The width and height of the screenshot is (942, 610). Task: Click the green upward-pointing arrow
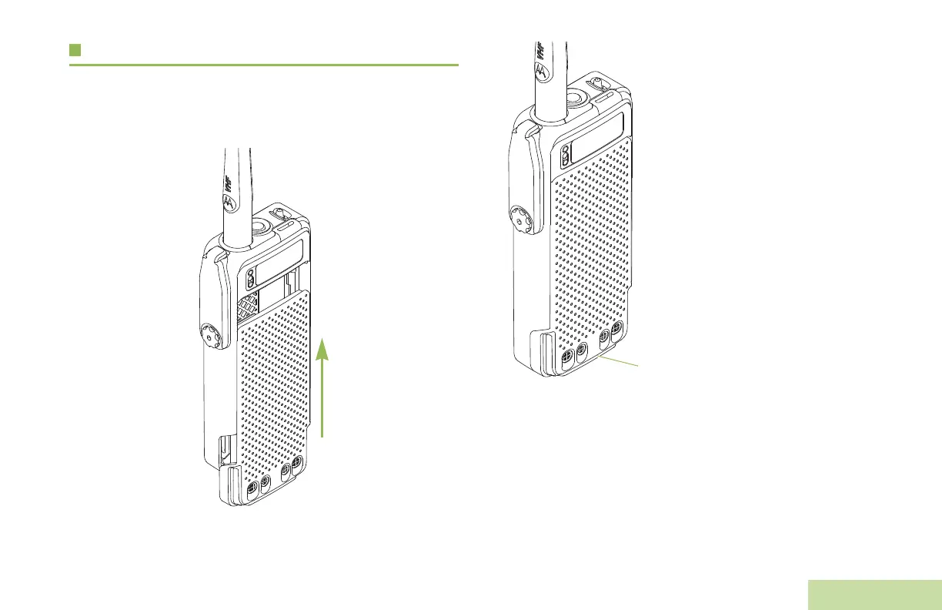point(322,387)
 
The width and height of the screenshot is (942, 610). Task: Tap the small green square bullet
point(75,50)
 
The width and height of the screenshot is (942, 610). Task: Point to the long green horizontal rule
point(264,65)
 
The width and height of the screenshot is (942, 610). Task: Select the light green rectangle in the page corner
point(875,595)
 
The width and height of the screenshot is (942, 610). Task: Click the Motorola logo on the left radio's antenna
point(230,203)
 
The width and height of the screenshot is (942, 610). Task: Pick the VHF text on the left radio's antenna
point(229,183)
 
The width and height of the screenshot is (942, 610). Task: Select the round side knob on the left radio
point(211,337)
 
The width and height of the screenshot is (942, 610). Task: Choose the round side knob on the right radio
point(520,220)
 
